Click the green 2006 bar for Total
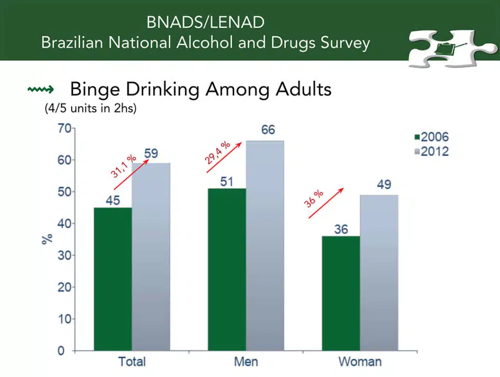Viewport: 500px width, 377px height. (x=113, y=279)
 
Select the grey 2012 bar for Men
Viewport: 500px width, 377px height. (x=265, y=246)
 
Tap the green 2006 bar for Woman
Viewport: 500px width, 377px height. (x=341, y=293)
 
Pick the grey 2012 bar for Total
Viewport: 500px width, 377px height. (x=151, y=257)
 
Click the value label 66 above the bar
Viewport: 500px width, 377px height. (x=268, y=130)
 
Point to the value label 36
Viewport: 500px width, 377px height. (x=341, y=229)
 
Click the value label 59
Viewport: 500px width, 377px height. (x=151, y=154)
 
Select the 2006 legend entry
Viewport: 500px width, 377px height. (x=432, y=137)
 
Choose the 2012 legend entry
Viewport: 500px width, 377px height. (x=432, y=151)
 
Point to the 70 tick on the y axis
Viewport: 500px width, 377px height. (x=64, y=128)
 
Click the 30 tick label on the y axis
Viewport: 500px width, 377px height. (x=64, y=255)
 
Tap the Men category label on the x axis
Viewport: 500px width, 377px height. (x=246, y=362)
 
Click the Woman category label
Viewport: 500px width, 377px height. (x=360, y=362)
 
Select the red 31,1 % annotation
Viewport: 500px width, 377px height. (x=124, y=166)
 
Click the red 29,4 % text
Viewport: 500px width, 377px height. (x=217, y=153)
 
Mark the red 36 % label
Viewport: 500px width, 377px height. (x=313, y=199)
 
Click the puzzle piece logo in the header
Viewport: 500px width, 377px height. (x=452, y=48)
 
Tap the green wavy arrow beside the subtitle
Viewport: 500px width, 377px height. (x=41, y=89)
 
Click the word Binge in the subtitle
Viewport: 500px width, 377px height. (x=95, y=89)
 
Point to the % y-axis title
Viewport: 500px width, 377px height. (x=47, y=239)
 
